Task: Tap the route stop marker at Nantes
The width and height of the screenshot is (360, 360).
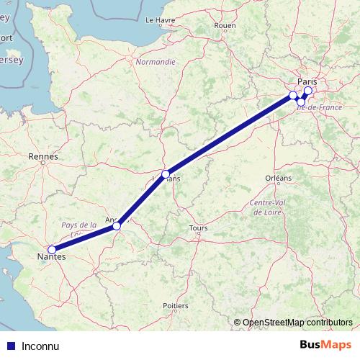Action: [x=52, y=249]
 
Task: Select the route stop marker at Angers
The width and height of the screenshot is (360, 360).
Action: [x=117, y=226]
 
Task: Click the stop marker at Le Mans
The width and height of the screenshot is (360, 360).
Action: [x=166, y=174]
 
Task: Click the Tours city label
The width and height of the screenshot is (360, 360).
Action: [x=197, y=229]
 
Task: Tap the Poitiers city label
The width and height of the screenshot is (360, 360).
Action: [x=176, y=306]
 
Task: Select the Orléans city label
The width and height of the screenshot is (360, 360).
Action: [x=278, y=177]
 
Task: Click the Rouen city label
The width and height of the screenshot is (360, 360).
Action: [x=225, y=25]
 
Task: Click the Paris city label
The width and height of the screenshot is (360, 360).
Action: [x=307, y=81]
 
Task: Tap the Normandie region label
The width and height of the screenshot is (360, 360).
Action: [x=156, y=62]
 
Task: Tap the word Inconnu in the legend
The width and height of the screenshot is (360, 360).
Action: [x=40, y=346]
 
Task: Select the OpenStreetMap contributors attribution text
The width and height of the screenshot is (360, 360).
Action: [x=297, y=323]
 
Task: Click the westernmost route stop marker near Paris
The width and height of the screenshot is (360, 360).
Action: [x=293, y=95]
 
